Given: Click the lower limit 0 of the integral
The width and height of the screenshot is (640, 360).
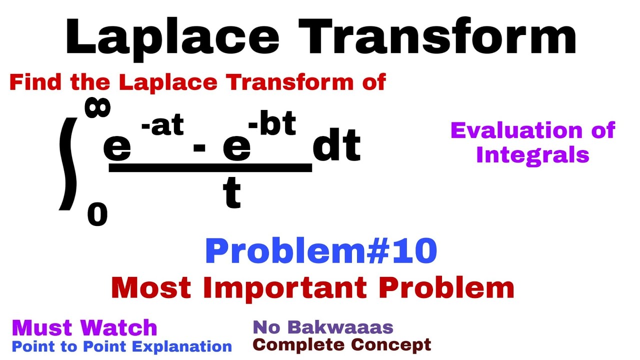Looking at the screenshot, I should coord(97,215).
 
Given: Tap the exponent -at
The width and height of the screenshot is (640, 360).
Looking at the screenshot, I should coord(162,126).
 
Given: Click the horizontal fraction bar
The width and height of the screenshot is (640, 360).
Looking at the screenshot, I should coord(210,169).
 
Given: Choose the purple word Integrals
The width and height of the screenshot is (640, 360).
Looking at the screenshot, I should coord(532,155).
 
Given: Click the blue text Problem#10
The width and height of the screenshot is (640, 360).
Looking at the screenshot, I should coord(320,251).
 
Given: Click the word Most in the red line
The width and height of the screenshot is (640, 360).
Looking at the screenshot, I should coord(142,287).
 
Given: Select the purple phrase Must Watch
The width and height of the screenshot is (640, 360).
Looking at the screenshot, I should coord(84,328).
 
